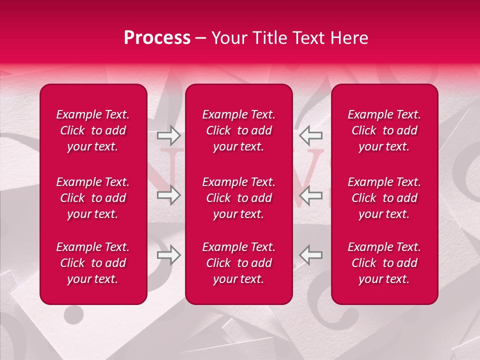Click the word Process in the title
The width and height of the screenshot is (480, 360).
point(157,38)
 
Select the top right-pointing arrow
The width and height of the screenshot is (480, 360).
point(168,135)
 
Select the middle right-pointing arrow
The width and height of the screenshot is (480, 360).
point(168,195)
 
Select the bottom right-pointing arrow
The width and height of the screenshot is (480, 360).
point(168,255)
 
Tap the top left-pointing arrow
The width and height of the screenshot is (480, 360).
point(310,135)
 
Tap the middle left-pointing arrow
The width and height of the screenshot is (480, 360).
point(310,195)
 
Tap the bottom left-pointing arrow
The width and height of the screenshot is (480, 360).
point(310,255)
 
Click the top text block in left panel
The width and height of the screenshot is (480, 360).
point(93,130)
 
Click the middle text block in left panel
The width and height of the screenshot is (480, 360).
point(93,198)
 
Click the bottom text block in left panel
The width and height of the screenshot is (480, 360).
point(93,263)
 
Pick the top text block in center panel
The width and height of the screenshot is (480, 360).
point(238,130)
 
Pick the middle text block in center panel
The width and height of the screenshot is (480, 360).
point(238,198)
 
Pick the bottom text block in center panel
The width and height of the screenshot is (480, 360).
point(238,263)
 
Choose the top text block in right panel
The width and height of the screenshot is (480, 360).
point(384,130)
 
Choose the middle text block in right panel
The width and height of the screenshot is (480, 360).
point(384,198)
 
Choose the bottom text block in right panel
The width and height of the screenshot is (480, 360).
point(384,263)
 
